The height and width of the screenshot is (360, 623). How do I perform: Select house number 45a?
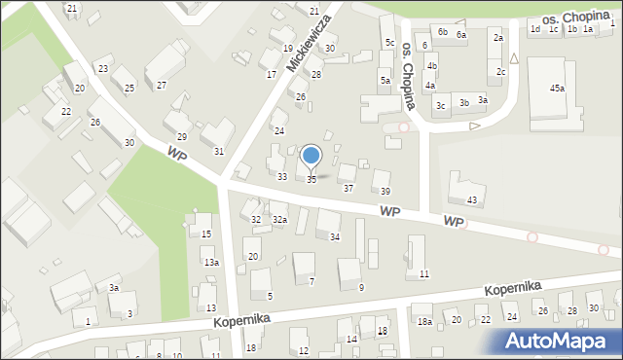(x=556, y=89)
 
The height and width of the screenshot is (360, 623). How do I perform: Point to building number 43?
(x=472, y=199)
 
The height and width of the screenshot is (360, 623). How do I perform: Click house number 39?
(x=385, y=191)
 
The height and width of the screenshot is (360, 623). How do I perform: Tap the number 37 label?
(x=348, y=188)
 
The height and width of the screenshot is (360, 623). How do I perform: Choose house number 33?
(x=281, y=176)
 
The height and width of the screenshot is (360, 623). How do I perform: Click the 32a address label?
(x=279, y=220)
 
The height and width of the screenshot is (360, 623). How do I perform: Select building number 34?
(x=335, y=236)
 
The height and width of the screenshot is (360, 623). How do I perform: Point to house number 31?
(x=219, y=151)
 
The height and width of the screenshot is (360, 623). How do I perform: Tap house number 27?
(x=161, y=86)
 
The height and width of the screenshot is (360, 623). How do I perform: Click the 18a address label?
(x=423, y=321)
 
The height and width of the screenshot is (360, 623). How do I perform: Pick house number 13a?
(x=210, y=263)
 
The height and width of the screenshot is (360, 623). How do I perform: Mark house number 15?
(x=205, y=234)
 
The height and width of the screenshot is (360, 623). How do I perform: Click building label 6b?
(x=442, y=31)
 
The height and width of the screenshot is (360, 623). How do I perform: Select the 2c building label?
(x=500, y=71)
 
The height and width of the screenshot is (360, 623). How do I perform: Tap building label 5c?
(x=388, y=43)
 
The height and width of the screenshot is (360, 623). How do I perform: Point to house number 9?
(x=361, y=287)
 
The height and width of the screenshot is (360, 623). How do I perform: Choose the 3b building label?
(x=464, y=102)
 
